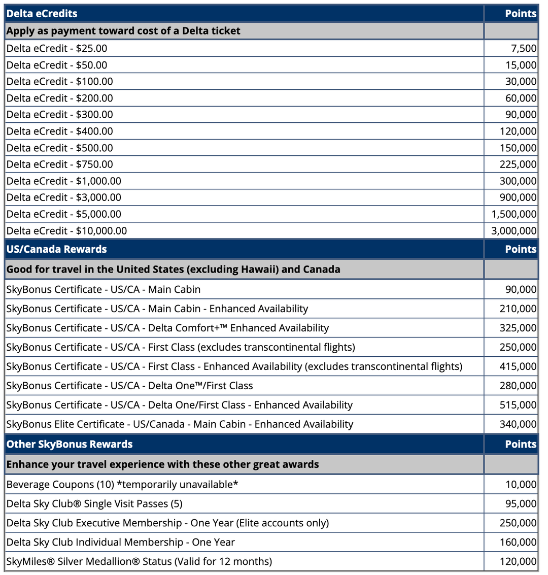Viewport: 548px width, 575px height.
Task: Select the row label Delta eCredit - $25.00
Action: coord(57,48)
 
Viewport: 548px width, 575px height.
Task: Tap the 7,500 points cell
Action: coord(524,48)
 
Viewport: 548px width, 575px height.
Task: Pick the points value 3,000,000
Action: coord(513,231)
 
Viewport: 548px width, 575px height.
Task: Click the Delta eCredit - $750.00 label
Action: coord(59,164)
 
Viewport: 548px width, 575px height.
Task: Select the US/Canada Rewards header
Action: coord(57,249)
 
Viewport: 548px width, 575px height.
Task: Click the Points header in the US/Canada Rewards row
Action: coord(521,249)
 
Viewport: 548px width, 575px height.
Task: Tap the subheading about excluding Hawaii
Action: coord(173,269)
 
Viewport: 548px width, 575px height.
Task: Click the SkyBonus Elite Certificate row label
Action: coord(180,424)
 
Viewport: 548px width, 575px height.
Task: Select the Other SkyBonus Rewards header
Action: coord(70,444)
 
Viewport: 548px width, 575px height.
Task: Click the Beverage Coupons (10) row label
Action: coord(122,485)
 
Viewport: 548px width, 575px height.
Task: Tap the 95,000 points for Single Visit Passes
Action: coord(521,503)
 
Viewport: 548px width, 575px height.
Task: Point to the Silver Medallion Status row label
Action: coord(139,561)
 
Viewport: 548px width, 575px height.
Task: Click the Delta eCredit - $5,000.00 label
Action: coord(64,214)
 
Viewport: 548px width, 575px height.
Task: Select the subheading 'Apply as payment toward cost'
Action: coord(123,31)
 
